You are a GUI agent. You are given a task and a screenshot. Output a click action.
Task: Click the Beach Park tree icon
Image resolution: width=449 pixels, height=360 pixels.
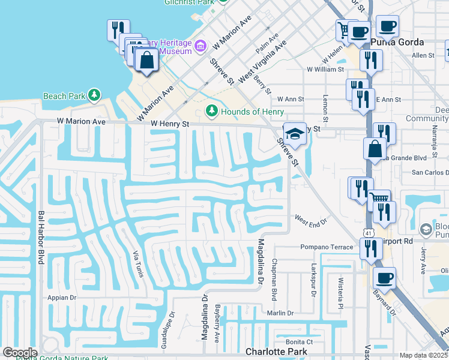[94, 95]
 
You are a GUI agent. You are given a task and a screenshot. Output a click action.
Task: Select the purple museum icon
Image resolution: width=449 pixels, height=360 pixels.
[200, 46]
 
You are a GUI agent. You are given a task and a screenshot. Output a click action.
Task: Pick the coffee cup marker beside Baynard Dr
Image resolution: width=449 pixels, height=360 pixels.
[385, 278]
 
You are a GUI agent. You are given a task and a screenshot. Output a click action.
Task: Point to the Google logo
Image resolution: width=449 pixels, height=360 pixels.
[19, 353]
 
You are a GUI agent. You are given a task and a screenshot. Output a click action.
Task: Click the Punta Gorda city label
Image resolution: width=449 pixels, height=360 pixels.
[397, 42]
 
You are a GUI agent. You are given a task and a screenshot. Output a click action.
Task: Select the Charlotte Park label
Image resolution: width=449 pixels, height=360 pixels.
[277, 352]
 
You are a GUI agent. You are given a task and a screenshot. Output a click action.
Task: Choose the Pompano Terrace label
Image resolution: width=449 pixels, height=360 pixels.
[327, 247]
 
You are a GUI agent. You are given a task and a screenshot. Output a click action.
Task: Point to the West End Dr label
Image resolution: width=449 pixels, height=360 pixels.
[310, 221]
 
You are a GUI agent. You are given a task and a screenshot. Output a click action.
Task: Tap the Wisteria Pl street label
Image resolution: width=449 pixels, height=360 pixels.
[340, 298]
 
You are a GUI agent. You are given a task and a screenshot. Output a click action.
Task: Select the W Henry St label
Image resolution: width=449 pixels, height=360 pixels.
[170, 124]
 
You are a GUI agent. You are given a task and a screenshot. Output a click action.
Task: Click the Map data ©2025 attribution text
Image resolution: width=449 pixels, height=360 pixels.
[423, 355]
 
